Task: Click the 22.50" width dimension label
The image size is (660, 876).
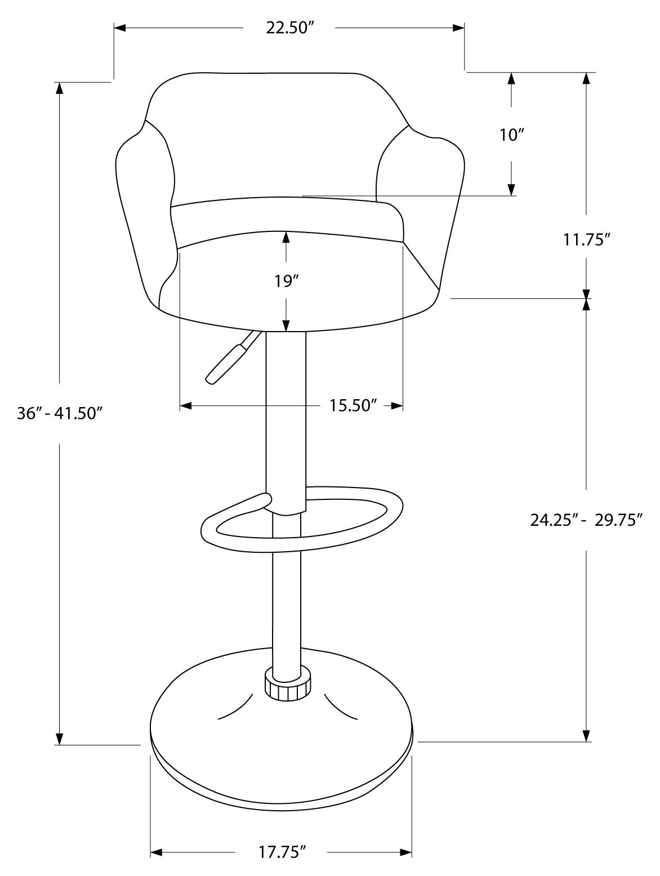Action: point(289,29)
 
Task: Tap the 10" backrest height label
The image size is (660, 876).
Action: point(511,135)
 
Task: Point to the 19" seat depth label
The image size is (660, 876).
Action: point(286,280)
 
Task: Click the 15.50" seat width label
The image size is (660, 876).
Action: point(353,405)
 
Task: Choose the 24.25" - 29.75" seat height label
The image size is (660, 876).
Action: point(586,520)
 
